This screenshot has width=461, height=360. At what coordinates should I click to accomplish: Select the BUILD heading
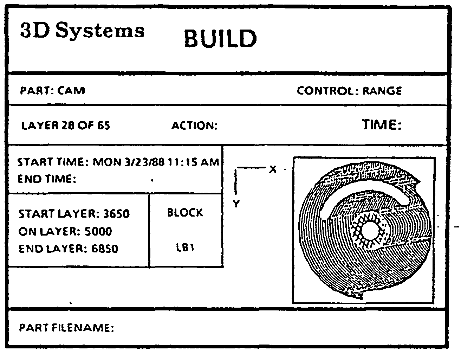tap(220, 38)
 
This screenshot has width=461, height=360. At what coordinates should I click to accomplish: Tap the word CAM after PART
tap(71, 91)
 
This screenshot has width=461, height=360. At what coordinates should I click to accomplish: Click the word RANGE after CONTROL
tap(382, 91)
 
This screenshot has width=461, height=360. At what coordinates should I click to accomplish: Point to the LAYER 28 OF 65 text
tap(66, 126)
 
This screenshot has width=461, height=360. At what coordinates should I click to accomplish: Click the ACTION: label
tap(194, 126)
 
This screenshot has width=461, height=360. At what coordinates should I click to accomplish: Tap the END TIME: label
tap(47, 179)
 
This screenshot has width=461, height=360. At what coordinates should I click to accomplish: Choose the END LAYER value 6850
tap(105, 249)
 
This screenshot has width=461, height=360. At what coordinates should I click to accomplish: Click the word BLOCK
tap(185, 213)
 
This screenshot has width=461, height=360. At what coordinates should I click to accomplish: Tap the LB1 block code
tap(185, 248)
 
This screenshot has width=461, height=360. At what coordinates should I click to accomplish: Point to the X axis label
tap(273, 169)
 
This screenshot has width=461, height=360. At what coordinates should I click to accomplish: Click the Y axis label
tap(236, 204)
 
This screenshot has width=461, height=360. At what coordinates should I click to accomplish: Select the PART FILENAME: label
tap(66, 328)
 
